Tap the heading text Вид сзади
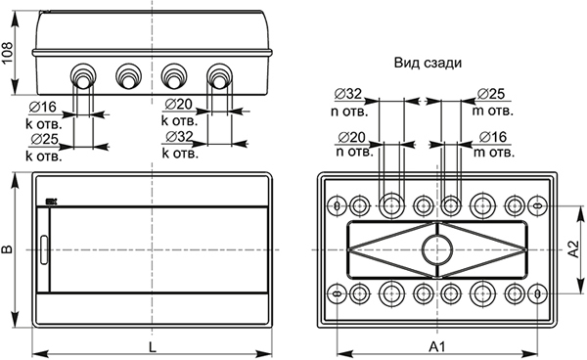(428, 62)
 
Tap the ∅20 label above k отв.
(178, 106)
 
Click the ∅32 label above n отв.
(348, 93)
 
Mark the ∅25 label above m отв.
(491, 93)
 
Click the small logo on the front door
(52, 203)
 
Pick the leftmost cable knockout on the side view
(82, 75)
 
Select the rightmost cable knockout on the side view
(219, 75)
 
